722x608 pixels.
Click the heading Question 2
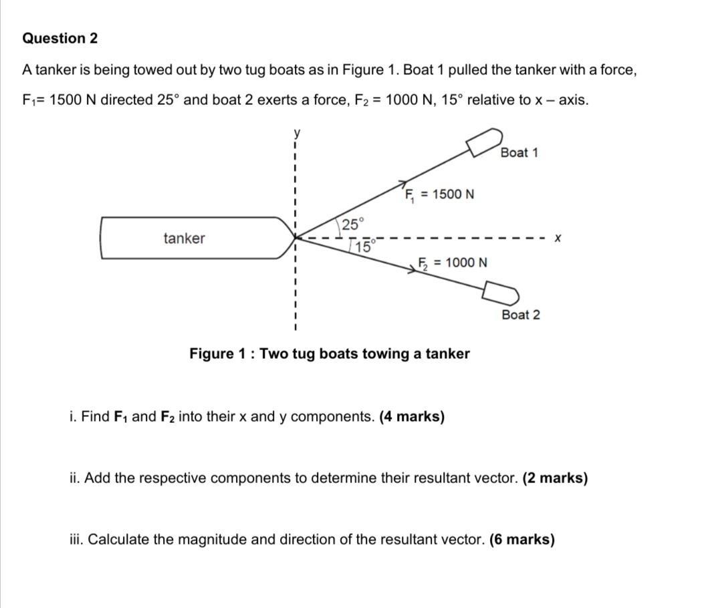click(x=60, y=38)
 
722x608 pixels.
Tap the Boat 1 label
click(x=519, y=152)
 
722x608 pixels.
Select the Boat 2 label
click(x=520, y=315)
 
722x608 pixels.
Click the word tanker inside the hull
click(x=184, y=239)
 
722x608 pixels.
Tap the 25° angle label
click(x=353, y=224)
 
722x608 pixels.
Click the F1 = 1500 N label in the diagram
click(x=439, y=194)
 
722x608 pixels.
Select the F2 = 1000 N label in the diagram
click(x=453, y=263)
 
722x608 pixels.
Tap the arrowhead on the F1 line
click(x=404, y=182)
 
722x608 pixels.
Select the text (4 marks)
click(x=412, y=417)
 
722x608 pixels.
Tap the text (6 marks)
click(x=522, y=539)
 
